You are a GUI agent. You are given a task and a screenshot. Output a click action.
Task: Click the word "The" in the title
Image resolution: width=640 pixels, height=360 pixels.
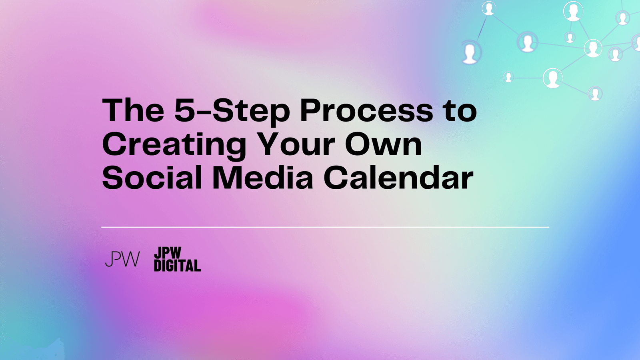click(133, 110)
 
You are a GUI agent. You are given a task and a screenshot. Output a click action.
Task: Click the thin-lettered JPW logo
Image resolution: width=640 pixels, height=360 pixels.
click(122, 259)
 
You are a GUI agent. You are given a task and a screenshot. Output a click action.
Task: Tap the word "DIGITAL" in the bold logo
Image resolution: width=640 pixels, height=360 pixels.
click(178, 266)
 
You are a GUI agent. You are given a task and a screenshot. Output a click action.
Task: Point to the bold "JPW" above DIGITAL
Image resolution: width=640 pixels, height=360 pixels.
click(168, 253)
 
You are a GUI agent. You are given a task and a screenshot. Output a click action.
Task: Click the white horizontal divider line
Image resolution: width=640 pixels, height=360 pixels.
click(325, 228)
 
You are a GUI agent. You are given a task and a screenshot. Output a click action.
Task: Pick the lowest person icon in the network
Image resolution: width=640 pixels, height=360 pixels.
click(595, 94)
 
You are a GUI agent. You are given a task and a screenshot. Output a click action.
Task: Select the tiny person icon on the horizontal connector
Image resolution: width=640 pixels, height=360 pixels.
click(508, 77)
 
